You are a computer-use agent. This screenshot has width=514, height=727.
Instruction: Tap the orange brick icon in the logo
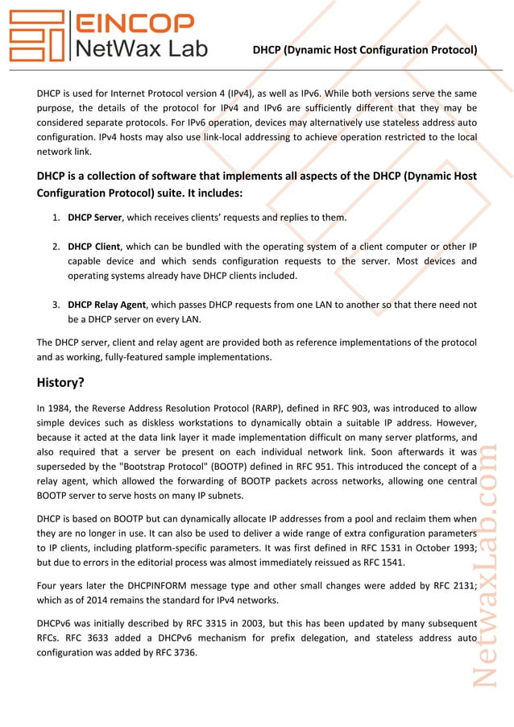(35, 36)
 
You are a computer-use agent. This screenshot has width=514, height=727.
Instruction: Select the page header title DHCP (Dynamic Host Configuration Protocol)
(364, 50)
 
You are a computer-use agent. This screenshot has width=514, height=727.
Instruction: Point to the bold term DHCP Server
(94, 218)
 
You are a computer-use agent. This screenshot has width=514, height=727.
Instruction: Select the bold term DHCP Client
(93, 247)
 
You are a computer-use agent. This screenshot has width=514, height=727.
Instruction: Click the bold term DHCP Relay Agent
(107, 305)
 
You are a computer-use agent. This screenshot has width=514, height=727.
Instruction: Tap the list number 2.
(56, 247)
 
